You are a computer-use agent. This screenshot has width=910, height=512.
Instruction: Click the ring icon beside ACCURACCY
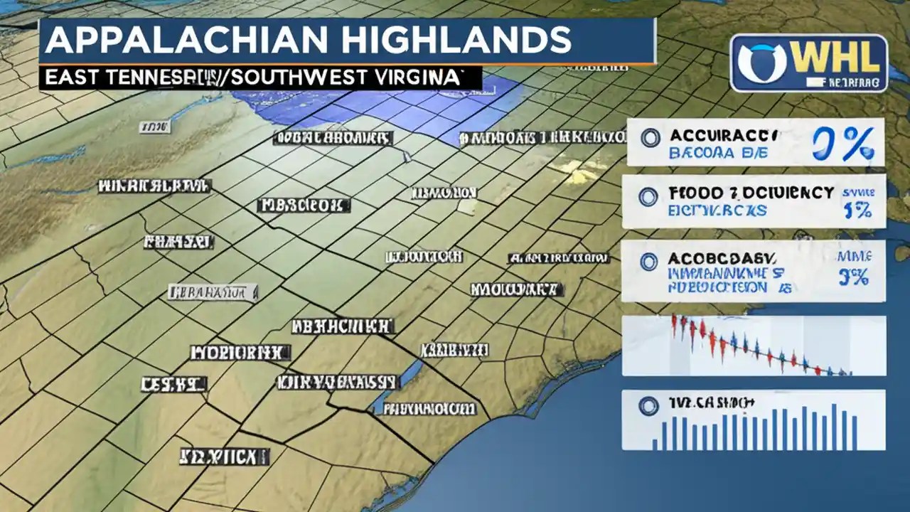tap(650, 138)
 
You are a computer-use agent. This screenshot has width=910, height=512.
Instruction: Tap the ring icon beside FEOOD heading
tap(648, 197)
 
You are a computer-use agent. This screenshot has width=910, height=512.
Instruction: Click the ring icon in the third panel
tap(648, 262)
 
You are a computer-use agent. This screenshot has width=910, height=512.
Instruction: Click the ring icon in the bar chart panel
tap(647, 406)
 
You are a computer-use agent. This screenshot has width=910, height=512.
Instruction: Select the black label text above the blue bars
tap(710, 403)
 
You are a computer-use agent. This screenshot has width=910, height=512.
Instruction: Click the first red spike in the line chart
tap(674, 325)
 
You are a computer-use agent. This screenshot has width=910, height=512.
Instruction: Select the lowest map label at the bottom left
tap(223, 456)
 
